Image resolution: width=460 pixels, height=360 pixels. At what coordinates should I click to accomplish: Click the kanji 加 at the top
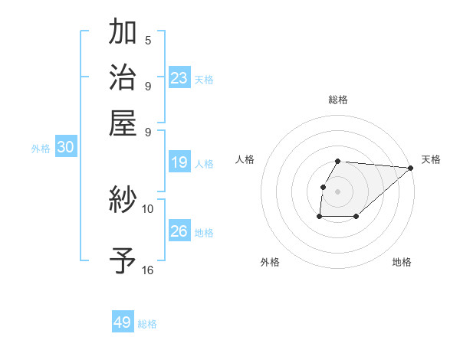[x=123, y=33]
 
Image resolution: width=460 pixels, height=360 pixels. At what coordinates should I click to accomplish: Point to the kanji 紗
[x=123, y=201]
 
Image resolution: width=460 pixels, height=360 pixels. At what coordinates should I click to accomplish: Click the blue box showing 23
[x=179, y=78]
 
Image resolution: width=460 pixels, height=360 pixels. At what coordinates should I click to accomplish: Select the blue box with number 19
[x=179, y=162]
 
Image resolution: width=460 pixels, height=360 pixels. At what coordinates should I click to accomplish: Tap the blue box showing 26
[x=179, y=231]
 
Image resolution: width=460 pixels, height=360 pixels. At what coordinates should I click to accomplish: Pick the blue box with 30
[x=65, y=148]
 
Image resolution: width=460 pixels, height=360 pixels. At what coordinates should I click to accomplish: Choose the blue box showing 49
[x=123, y=322]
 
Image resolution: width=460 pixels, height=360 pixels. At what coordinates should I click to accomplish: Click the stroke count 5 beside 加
[x=148, y=40]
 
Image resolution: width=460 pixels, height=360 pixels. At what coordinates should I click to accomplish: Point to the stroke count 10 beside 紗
[x=148, y=208]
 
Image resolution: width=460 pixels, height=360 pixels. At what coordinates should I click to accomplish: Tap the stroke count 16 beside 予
[x=148, y=270]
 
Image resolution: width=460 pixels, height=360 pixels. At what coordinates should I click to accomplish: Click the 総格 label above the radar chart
[x=338, y=100]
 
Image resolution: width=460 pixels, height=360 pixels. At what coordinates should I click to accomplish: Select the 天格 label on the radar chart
[x=431, y=159]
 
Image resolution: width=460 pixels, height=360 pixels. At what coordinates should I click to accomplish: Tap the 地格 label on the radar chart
[x=402, y=262]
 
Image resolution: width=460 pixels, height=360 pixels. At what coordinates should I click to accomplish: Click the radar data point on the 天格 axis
[x=410, y=168]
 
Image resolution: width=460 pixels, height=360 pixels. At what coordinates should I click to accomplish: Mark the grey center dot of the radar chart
[x=338, y=191]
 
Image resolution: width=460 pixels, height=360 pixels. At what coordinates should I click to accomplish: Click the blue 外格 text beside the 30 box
[x=41, y=149]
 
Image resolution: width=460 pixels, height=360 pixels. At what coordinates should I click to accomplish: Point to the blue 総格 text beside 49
[x=147, y=324]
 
